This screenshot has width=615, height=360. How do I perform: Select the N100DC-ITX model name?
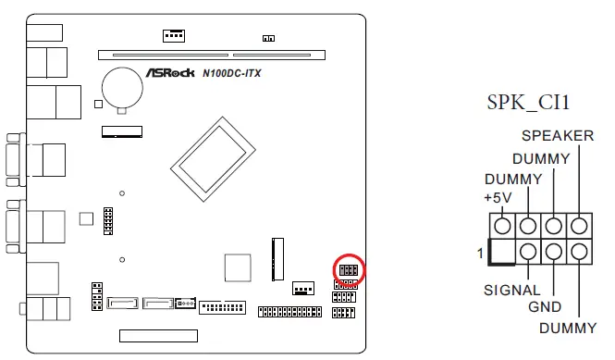pos(231,73)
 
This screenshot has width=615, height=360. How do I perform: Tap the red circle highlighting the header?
pos(349,270)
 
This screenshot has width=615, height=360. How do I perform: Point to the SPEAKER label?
pos(558,136)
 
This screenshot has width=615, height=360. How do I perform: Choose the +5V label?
pos(498,198)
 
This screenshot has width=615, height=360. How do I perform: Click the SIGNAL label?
pos(512,290)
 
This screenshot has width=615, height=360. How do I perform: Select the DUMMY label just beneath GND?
pos(568,327)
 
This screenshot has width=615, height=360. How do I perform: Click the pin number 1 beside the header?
pos(481,253)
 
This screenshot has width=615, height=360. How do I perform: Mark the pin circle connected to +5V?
pos(502,225)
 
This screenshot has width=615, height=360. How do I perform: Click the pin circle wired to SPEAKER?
pos(579,225)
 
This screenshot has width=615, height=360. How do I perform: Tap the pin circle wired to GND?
pos(554,251)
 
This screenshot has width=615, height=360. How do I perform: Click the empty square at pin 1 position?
pos(502,251)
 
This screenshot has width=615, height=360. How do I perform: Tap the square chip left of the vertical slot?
pos(239,266)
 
